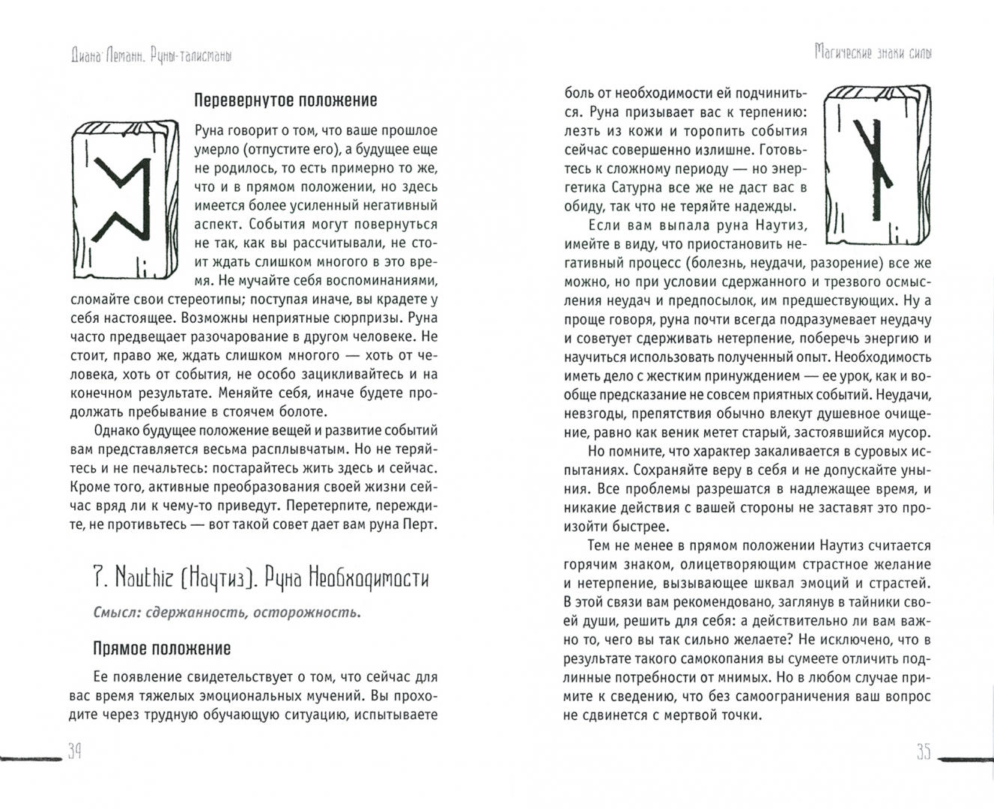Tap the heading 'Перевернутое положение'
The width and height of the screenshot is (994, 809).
point(285,100)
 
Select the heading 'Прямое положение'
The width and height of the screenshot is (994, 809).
point(162,648)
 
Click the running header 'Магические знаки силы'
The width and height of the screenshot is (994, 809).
point(874,53)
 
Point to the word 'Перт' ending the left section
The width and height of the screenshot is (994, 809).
point(419,524)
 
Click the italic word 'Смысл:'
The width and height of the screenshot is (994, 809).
point(117,613)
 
